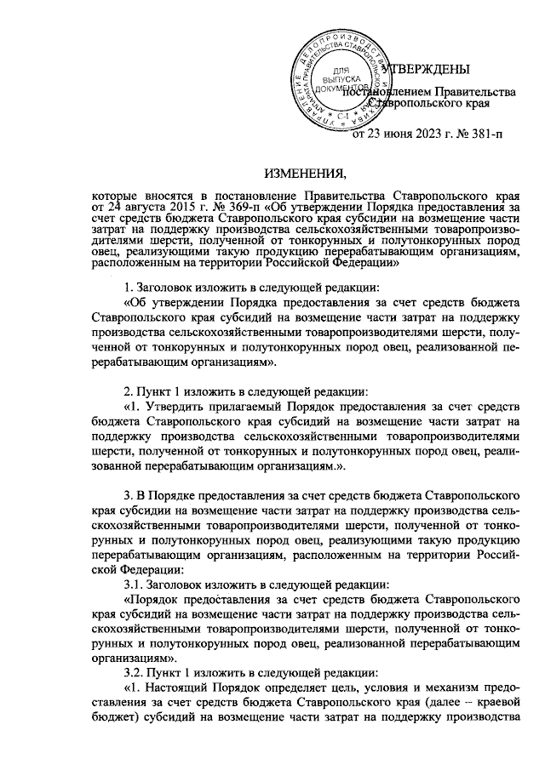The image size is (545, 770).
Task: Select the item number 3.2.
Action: coord(135,672)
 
